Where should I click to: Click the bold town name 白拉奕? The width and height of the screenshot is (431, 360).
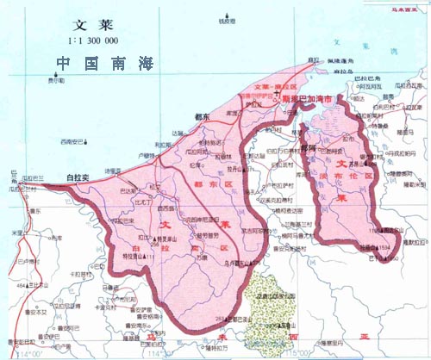(x=78, y=177)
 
